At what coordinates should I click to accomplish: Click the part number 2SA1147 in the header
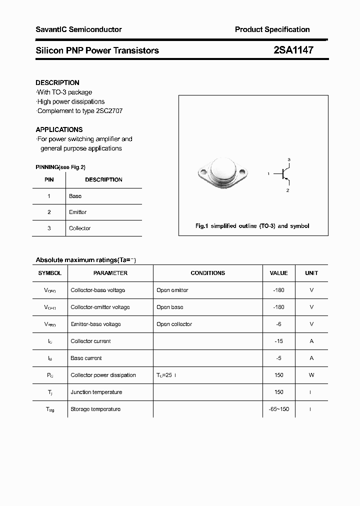click(x=293, y=50)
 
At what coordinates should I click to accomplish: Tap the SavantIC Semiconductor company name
click(x=78, y=29)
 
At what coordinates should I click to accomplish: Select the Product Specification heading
click(x=272, y=29)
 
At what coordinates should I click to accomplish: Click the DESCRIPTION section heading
click(x=57, y=82)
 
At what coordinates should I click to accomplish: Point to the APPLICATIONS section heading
click(x=59, y=129)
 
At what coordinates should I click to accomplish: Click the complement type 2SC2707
click(x=109, y=110)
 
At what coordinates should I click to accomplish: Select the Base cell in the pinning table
click(x=75, y=196)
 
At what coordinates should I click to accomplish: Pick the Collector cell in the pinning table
click(x=80, y=228)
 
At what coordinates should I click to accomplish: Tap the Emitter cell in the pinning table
click(x=78, y=212)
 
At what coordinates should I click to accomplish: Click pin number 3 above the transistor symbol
click(x=288, y=159)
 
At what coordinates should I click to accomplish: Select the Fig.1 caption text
click(x=252, y=226)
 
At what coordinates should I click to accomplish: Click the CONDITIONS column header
click(x=208, y=273)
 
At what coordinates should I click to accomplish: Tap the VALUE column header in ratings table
click(x=278, y=273)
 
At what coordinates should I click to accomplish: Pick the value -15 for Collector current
click(x=278, y=341)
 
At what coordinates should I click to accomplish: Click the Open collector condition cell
click(x=174, y=324)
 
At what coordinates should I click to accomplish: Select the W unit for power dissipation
click(x=311, y=375)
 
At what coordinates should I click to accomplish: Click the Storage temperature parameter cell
click(x=95, y=409)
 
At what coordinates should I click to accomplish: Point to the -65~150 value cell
click(x=278, y=409)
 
